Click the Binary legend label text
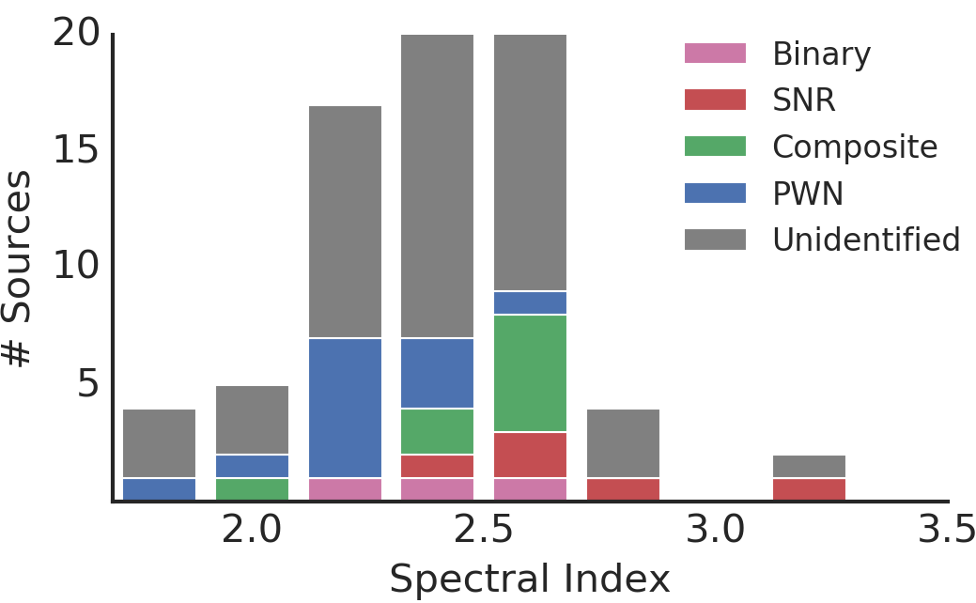(x=821, y=55)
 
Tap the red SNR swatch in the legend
(x=715, y=100)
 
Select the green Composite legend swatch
(x=715, y=147)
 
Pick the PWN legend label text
(x=808, y=193)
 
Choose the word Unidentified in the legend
(x=866, y=240)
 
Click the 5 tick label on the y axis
(x=88, y=383)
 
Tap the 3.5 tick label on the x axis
(x=947, y=531)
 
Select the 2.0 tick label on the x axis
(x=252, y=531)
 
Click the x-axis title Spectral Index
(x=530, y=580)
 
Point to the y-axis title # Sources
(x=17, y=268)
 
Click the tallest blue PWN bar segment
(x=345, y=408)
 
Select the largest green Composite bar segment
(x=530, y=373)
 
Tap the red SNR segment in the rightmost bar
(x=809, y=489)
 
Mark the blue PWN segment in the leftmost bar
(x=160, y=489)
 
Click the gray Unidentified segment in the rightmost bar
(x=809, y=466)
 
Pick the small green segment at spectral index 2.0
(x=252, y=489)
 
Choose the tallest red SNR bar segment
(x=530, y=455)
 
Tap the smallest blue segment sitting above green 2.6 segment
(x=530, y=302)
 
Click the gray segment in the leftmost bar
(x=160, y=442)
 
